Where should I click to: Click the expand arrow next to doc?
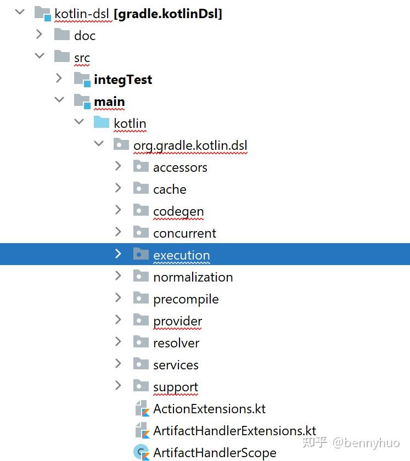pyautogui.click(x=39, y=35)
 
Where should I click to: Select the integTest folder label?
pyautogui.click(x=123, y=80)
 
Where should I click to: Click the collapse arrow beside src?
pyautogui.click(x=39, y=57)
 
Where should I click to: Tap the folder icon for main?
pyautogui.click(x=82, y=102)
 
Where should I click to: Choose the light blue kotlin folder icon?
pyautogui.click(x=102, y=123)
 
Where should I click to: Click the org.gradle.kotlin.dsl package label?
pyautogui.click(x=190, y=145)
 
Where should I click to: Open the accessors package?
pyautogui.click(x=180, y=167)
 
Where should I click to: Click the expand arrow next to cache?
pyautogui.click(x=118, y=188)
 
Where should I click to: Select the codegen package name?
pyautogui.click(x=178, y=211)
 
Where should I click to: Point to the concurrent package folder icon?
pyautogui.click(x=141, y=233)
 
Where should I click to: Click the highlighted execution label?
pyautogui.click(x=181, y=255)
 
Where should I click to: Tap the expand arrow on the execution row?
pyautogui.click(x=118, y=254)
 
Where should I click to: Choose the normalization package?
pyautogui.click(x=193, y=277)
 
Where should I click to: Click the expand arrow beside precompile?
pyautogui.click(x=118, y=298)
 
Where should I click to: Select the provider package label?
pyautogui.click(x=177, y=321)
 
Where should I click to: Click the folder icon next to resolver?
pyautogui.click(x=141, y=342)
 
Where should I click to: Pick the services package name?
pyautogui.click(x=176, y=365)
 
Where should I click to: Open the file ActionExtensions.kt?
pyautogui.click(x=209, y=409)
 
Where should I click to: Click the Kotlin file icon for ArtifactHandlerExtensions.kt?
pyautogui.click(x=142, y=431)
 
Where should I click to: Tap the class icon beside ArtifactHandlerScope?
pyautogui.click(x=142, y=452)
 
